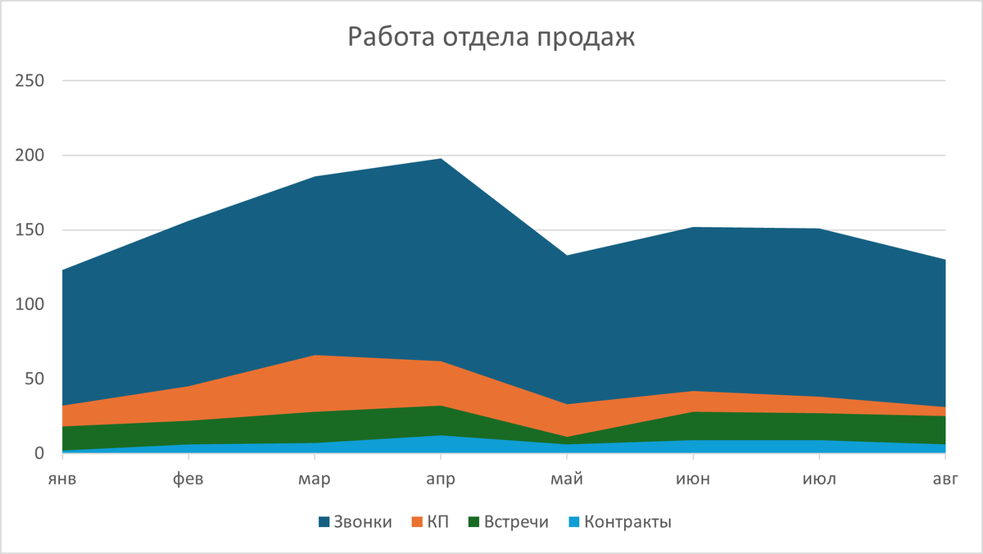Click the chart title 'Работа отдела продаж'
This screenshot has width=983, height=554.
pos(491,37)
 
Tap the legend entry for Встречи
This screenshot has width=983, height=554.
pos(509,522)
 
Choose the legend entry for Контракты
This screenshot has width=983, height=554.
pos(621,522)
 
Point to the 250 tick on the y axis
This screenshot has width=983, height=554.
pos(30,81)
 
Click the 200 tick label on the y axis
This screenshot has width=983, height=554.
pos(30,156)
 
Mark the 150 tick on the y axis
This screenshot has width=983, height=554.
pos(30,230)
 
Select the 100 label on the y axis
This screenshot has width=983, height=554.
pos(30,305)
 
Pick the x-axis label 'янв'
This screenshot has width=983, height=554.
pos(62,479)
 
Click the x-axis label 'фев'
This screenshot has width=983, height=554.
pos(188,479)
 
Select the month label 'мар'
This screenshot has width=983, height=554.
pos(315,479)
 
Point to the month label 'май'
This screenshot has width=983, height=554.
pos(567,479)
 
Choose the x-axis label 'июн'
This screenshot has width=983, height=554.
pos(693,479)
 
